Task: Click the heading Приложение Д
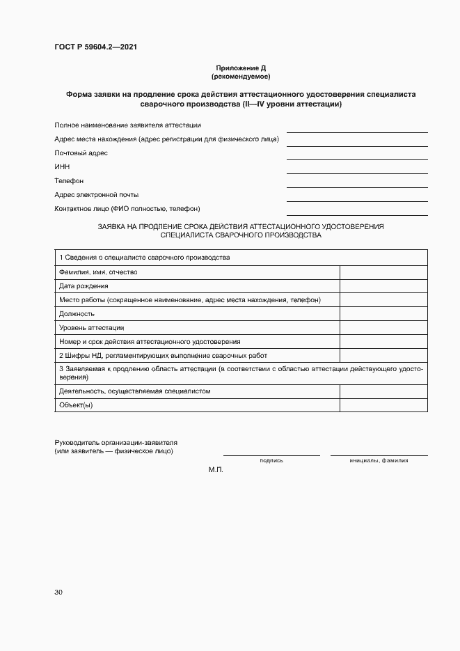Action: click(241, 68)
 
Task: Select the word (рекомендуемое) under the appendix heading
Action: click(241, 76)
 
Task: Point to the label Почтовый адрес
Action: click(81, 153)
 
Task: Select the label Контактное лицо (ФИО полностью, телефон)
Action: click(127, 209)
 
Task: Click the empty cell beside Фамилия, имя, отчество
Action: click(383, 272)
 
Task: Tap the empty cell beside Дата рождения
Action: click(383, 286)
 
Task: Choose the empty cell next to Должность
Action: click(383, 314)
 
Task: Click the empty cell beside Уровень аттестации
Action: click(383, 328)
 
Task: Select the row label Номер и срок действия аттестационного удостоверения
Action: click(150, 342)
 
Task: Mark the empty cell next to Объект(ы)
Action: click(383, 405)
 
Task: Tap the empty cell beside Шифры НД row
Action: click(383, 356)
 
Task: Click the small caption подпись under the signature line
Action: click(271, 461)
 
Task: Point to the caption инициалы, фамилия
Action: click(379, 461)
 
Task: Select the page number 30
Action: click(58, 593)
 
